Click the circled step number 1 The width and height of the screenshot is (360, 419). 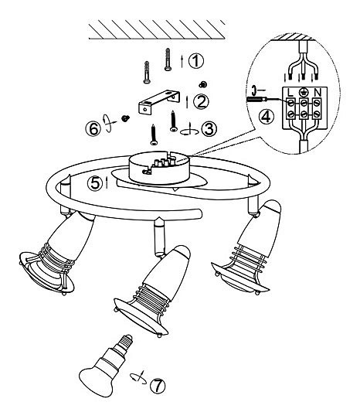(x=196, y=60)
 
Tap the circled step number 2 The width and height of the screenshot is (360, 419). (x=201, y=101)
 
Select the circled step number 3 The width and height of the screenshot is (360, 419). (x=209, y=129)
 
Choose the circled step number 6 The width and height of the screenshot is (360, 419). (x=93, y=129)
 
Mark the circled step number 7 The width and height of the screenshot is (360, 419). (x=158, y=386)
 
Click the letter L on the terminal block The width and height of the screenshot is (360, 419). (x=290, y=93)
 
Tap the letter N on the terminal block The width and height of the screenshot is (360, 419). (x=318, y=93)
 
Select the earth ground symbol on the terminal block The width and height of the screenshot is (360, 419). (x=304, y=93)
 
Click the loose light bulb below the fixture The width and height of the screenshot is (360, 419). (x=106, y=366)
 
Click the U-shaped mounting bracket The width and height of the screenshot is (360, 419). (x=159, y=103)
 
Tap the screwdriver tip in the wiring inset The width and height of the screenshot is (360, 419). (x=267, y=99)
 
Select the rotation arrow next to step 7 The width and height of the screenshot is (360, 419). (x=138, y=377)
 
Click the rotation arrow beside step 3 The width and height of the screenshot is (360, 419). (x=189, y=130)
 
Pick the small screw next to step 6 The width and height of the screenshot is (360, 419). (x=125, y=118)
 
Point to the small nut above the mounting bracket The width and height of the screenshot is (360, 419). (x=203, y=84)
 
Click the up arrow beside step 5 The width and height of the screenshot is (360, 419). (x=107, y=182)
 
